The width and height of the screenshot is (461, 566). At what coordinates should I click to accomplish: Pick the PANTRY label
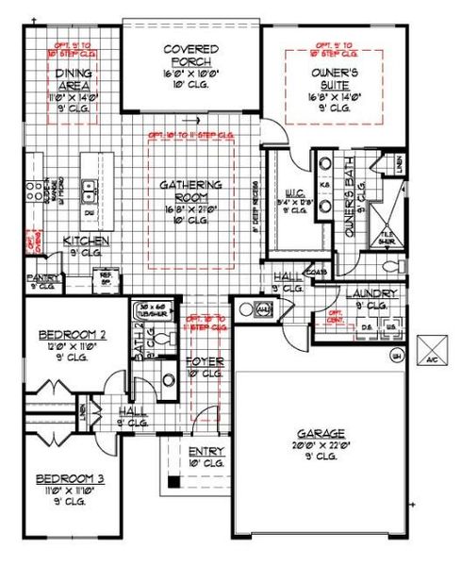(x=43, y=279)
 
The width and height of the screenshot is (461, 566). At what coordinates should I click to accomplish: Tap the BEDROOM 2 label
(x=73, y=335)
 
